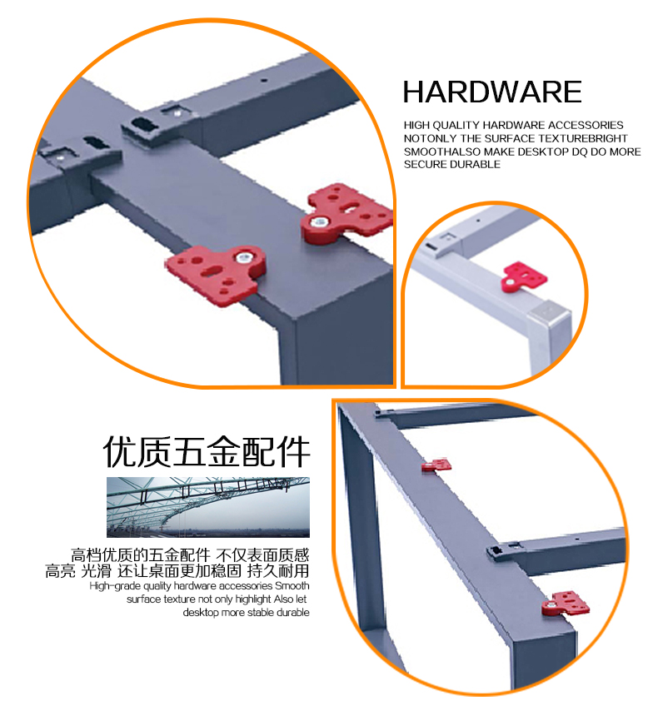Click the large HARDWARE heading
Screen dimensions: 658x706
coord(491,92)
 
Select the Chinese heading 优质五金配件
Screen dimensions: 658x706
coord(207,451)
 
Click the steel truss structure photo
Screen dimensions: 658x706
coord(208,507)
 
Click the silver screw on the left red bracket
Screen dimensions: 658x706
coord(244,258)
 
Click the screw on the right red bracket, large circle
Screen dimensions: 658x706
coord(319,221)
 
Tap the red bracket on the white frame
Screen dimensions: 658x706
coord(524,276)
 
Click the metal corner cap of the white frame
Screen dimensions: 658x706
coord(549,311)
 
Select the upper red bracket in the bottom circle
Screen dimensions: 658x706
coord(436,465)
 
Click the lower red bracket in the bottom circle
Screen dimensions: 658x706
coord(566,604)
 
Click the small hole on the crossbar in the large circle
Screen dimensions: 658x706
coord(265,81)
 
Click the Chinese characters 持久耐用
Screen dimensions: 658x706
coord(278,571)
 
